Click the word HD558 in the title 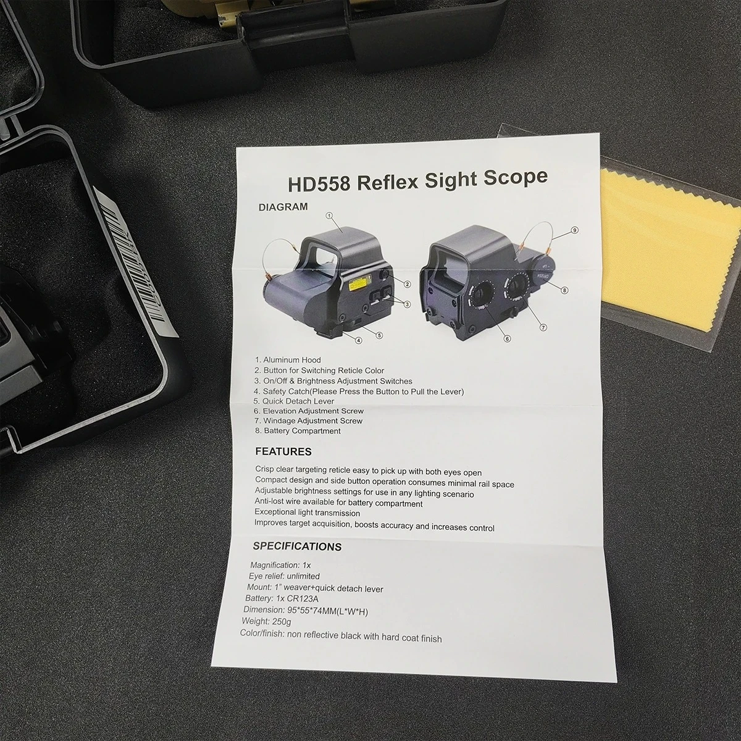coord(319,183)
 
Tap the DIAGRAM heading coord(283,207)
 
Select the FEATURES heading coord(283,451)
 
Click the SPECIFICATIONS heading coord(297,546)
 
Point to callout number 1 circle coord(329,216)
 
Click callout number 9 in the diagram coord(574,230)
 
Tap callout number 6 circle coord(507,339)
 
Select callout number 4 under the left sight coord(359,340)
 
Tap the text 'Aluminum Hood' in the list coord(292,360)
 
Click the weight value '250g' coord(282,621)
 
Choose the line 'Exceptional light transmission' coord(308,513)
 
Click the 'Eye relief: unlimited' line coord(284,576)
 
